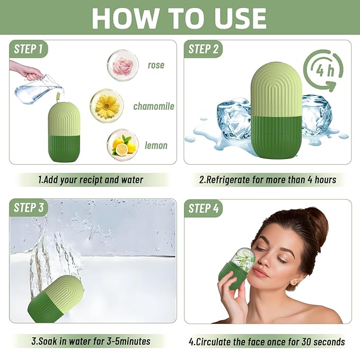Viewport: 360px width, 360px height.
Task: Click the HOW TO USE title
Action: (x=179, y=19)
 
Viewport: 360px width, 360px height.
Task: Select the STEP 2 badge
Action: (x=204, y=49)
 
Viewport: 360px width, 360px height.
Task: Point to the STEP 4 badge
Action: (x=204, y=208)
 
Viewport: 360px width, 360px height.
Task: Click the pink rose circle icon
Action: (x=122, y=65)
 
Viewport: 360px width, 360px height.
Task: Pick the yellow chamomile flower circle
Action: (x=107, y=106)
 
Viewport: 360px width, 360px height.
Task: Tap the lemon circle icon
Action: (x=123, y=145)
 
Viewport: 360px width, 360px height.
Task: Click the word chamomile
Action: (x=154, y=107)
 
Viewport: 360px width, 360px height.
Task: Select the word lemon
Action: (x=156, y=145)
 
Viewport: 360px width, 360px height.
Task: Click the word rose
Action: (x=156, y=66)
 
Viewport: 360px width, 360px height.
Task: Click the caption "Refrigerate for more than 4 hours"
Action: (x=267, y=180)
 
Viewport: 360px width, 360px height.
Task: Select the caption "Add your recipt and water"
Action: (x=91, y=180)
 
